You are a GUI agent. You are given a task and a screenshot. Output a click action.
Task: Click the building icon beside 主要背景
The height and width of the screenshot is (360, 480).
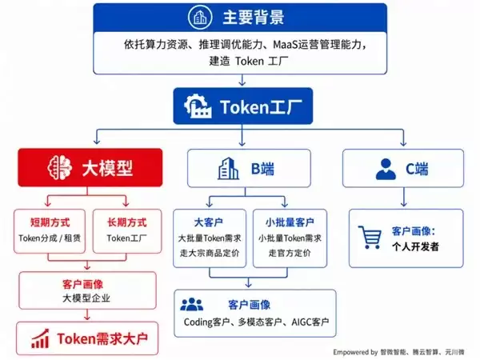200,18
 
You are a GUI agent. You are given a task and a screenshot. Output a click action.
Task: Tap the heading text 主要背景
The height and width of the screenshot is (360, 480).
254,18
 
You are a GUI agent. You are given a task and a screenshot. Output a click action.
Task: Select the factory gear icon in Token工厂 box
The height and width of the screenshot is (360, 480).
198,106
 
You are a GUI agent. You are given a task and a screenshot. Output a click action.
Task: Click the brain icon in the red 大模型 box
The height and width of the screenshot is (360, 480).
60,167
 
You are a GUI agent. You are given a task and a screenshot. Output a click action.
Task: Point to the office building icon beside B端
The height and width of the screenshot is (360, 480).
228,168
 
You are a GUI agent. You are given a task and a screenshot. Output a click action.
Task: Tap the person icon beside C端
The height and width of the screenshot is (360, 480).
386,169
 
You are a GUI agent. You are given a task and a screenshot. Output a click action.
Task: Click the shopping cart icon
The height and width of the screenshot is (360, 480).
370,238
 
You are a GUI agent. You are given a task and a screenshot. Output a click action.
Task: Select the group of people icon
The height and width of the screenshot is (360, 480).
192,305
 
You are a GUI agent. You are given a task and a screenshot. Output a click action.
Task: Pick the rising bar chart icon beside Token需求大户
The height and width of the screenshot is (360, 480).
40,338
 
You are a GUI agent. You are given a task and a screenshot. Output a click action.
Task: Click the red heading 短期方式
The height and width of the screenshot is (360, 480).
50,222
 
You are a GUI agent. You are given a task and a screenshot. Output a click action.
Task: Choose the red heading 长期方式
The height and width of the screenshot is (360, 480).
126,222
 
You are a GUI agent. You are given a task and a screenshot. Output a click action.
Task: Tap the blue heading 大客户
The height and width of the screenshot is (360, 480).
209,222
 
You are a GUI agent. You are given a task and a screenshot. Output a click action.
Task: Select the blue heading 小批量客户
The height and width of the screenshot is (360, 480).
290,222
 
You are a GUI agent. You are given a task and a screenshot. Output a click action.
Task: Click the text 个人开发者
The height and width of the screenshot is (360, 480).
415,246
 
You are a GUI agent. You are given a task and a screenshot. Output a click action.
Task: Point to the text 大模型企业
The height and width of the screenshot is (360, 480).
86,298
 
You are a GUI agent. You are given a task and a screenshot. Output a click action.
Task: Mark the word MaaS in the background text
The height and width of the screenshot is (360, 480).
286,45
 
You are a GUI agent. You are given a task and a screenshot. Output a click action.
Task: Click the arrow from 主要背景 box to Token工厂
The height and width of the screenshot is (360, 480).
242,80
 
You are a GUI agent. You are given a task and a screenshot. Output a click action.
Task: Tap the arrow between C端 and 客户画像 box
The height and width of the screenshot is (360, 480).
404,197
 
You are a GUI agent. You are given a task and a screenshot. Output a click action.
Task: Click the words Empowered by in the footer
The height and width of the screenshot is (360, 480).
355,352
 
